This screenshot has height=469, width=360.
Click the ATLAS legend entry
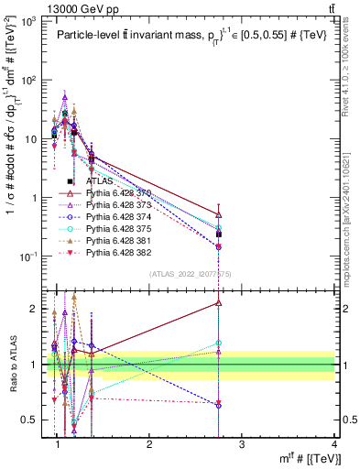click(x=99, y=181)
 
